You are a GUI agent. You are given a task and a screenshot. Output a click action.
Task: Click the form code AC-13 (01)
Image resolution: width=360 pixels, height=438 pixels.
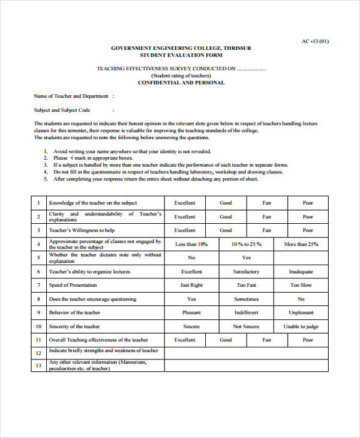coord(315,41)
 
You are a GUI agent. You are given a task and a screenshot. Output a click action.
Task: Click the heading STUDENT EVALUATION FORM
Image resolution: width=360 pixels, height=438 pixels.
coord(181,54)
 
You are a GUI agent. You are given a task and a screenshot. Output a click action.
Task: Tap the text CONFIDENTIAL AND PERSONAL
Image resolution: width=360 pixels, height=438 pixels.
coord(181,82)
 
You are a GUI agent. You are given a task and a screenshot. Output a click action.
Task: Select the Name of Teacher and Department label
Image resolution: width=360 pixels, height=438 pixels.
coord(71,96)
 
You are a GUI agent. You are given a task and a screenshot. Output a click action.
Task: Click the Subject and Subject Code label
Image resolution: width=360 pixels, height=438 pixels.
coord(62,110)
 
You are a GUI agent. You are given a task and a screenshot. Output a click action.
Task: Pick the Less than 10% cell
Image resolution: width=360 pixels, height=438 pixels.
coord(191,244)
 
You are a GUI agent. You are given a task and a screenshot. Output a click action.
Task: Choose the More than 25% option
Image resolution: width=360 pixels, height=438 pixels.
coord(301,244)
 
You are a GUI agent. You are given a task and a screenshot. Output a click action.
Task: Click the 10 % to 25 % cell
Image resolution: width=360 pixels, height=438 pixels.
coord(247,244)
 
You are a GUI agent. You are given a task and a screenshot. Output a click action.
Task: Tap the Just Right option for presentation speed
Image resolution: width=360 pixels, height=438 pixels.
coord(191,285)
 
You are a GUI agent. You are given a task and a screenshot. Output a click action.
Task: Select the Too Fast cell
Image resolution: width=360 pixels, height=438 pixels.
coord(247,285)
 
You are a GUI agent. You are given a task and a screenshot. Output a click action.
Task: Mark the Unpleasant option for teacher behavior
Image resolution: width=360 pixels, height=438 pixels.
coord(301,313)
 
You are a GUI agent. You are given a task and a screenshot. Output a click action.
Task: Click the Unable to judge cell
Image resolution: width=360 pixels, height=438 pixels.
coord(301,326)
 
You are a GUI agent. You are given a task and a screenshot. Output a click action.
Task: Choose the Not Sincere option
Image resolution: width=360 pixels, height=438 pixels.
coord(247,326)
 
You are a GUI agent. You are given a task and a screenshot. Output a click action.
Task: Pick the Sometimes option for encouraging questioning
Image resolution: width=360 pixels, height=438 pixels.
coord(247,299)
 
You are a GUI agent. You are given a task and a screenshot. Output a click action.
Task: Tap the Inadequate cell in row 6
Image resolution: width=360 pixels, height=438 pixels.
coord(301,272)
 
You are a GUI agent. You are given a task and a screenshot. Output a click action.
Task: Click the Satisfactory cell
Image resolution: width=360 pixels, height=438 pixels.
coord(247,272)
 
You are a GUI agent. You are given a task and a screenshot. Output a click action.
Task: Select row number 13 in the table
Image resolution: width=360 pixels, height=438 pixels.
coord(38,365)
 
